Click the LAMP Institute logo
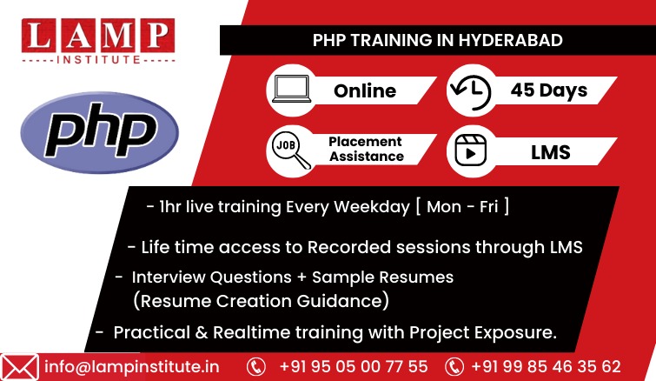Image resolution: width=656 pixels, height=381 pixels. [98, 42]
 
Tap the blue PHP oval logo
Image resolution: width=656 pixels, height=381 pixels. [100, 132]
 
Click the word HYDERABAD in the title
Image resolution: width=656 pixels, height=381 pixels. [510, 40]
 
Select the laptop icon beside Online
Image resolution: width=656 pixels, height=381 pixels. [292, 89]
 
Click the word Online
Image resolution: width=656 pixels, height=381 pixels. [365, 90]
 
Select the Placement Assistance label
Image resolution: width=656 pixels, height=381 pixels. [366, 149]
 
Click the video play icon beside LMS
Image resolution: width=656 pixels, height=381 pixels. [471, 150]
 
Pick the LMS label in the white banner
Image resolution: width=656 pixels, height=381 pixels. [551, 152]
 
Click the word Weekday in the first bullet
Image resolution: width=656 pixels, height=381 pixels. [372, 207]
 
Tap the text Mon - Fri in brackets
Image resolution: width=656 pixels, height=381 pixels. [462, 207]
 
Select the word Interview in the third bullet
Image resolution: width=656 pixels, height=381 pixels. [169, 277]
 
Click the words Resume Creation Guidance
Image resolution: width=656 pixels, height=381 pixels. [262, 301]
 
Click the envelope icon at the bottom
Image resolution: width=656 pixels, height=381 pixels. [19, 367]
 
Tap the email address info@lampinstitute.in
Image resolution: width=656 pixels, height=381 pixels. [132, 367]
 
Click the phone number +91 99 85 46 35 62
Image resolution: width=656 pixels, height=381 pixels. [546, 366]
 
